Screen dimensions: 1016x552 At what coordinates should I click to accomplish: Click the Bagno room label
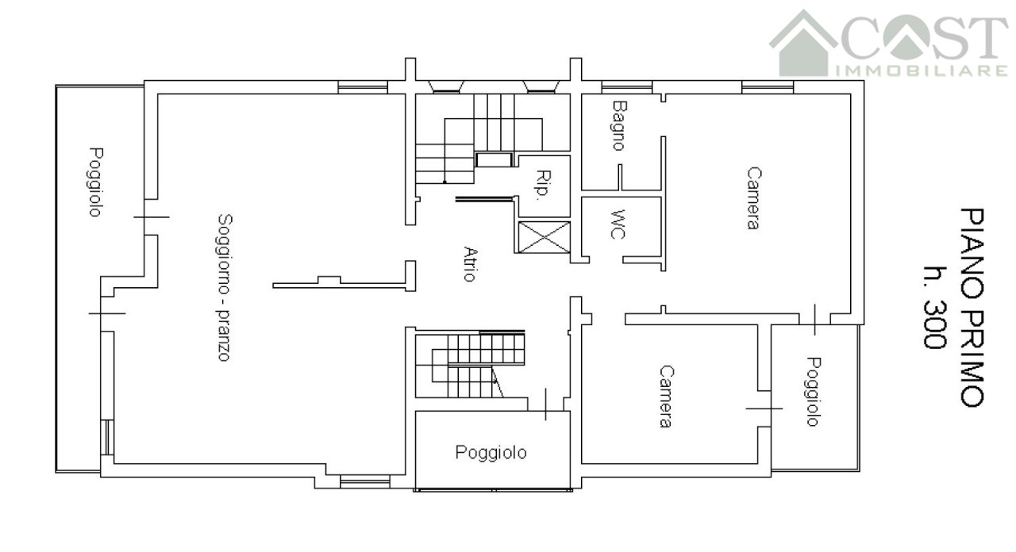tap(618, 125)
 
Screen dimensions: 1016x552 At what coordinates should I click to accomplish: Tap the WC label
tap(618, 224)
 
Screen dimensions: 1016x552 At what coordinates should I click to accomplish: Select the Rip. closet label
tap(543, 185)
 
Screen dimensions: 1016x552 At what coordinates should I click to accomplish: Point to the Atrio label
tap(471, 264)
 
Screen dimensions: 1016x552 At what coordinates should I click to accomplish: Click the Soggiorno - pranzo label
tap(224, 288)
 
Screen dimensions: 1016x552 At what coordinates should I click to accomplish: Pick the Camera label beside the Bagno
tap(753, 198)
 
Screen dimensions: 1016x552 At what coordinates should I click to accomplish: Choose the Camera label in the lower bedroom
tap(666, 397)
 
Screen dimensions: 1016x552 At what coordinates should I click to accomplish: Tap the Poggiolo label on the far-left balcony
tap(95, 182)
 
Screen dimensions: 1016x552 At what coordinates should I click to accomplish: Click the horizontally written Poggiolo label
tap(491, 453)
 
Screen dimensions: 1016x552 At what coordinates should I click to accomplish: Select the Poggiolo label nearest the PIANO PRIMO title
tap(814, 392)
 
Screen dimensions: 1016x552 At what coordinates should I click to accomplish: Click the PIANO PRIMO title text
tap(972, 307)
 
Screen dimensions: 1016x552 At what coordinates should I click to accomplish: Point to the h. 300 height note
tap(935, 307)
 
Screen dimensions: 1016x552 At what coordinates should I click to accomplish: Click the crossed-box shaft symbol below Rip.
tap(544, 237)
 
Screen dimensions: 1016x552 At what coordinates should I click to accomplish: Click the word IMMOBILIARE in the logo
tap(922, 71)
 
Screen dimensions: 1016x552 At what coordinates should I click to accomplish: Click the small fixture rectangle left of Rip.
tap(494, 160)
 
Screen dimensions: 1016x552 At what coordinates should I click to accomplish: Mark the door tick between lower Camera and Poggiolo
tap(764, 408)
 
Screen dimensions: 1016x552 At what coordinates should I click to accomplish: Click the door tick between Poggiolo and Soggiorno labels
tap(152, 217)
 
